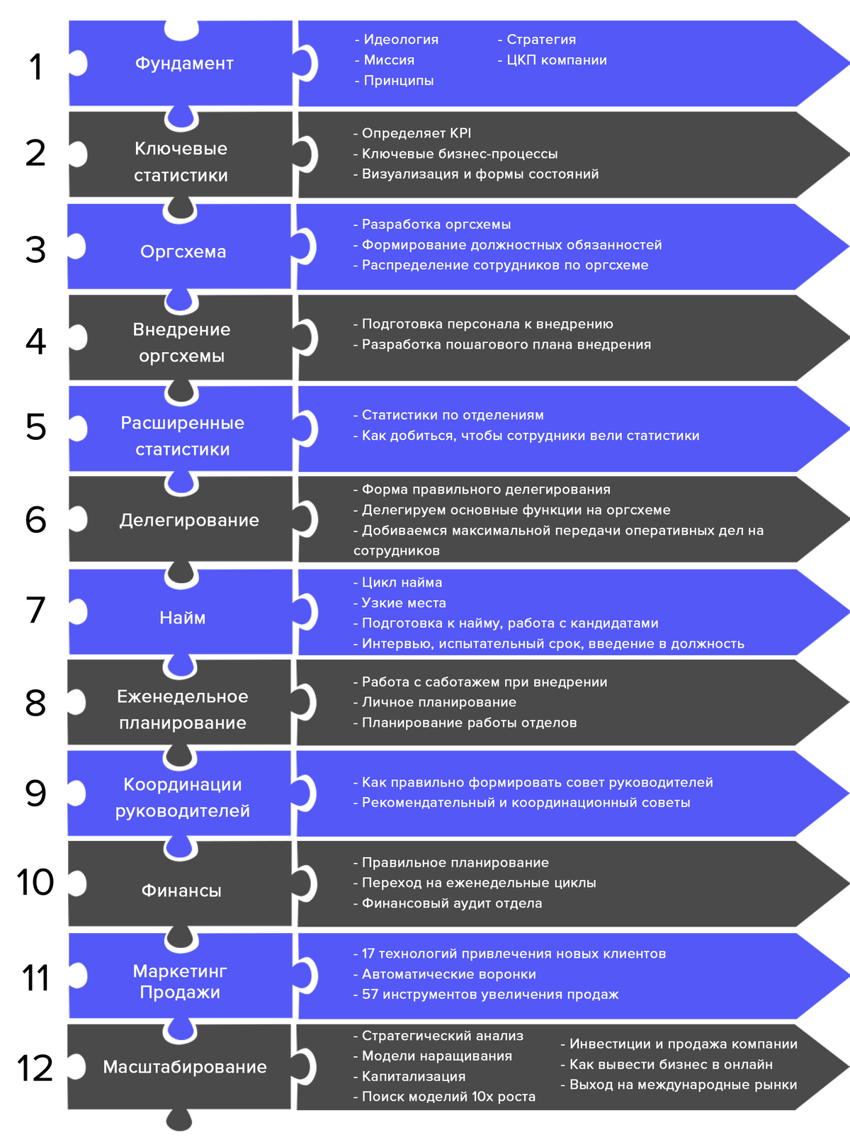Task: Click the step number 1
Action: pos(36,67)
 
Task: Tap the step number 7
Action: pos(35,610)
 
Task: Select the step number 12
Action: pos(35,1068)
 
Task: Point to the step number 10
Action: pos(35,882)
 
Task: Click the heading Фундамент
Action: pos(184,63)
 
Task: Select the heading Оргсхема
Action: pos(183,251)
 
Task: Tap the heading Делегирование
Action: pos(189,521)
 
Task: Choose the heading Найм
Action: pos(182,617)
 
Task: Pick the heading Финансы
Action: pos(181,891)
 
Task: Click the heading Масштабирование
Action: pos(185,1067)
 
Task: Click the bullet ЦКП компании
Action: pos(552,60)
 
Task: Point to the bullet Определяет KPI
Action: pos(412,133)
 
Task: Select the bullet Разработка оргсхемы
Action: pos(432,225)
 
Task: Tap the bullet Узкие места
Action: pos(399,603)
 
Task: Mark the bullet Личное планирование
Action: pos(434,702)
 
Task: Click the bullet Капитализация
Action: pos(409,1077)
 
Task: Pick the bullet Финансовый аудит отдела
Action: pos(448,903)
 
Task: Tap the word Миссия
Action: pos(389,60)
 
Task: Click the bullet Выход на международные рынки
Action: pos(679,1085)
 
